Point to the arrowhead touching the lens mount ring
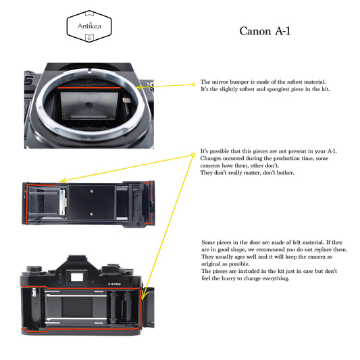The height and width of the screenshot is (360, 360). click(138, 87)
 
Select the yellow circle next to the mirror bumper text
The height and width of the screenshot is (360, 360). click(193, 84)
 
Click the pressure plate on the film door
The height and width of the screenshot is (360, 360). click(91, 201)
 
